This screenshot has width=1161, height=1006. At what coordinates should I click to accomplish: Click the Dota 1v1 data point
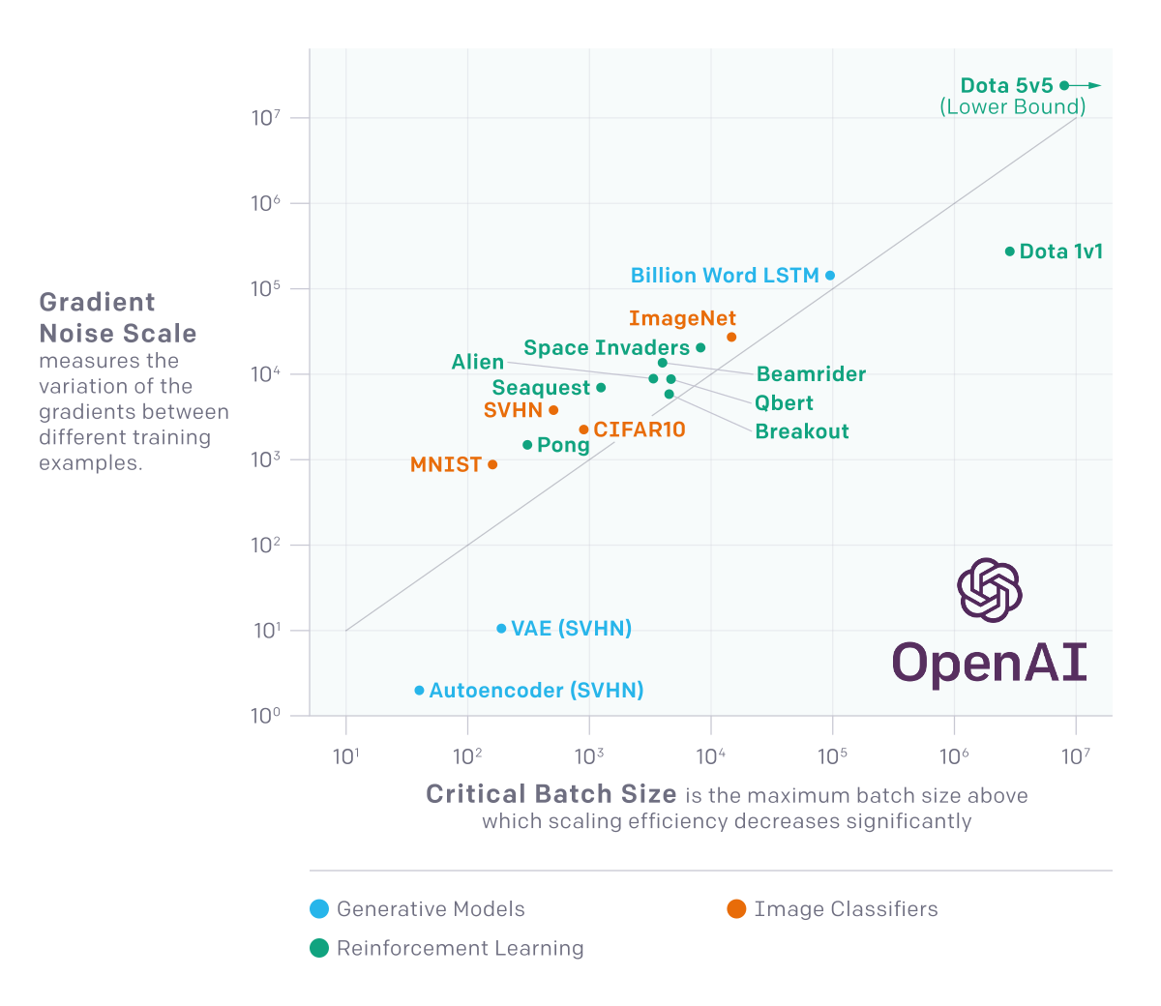coord(1010,251)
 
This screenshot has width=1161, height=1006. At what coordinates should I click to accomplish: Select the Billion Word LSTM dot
coord(830,276)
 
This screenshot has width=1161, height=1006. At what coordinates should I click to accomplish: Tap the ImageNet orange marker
coord(731,337)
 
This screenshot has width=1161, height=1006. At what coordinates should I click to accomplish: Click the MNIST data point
coord(492,464)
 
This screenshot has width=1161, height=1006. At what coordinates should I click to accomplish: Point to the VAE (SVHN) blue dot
coord(501,629)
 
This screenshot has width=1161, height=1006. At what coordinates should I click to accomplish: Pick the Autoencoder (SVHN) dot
coord(419,691)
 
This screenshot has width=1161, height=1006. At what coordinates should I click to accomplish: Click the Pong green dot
coord(527,445)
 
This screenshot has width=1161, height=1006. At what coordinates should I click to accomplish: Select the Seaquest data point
coord(601,388)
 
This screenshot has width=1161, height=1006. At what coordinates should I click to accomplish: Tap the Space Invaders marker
coord(700,348)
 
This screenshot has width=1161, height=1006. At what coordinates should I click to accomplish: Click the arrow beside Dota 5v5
coord(1088,86)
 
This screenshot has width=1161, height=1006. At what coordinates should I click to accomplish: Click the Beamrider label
coord(811,374)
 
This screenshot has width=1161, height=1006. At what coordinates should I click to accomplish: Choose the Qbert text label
coord(784,403)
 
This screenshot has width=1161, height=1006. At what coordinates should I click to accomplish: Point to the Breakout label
coord(802,431)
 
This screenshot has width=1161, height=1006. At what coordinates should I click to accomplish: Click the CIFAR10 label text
coord(640,429)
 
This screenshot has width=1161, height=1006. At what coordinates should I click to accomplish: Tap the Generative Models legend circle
coord(319,909)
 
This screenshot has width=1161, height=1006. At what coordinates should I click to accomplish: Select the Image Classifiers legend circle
coord(736,909)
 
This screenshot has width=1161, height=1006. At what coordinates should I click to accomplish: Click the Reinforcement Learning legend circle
coord(319,948)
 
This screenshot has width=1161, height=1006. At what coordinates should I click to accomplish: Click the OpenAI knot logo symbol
coord(989,589)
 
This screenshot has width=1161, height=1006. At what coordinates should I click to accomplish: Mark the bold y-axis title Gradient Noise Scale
coord(117,318)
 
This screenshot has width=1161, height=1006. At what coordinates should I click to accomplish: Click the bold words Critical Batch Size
coord(551,794)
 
